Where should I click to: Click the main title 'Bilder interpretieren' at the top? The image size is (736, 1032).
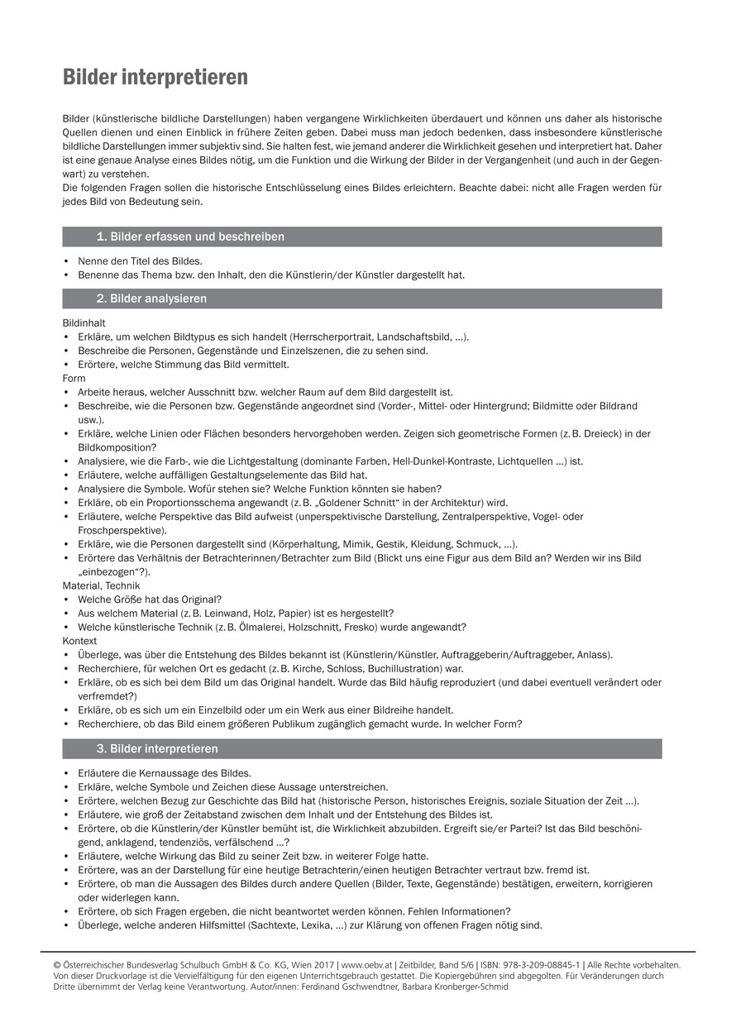point(155,78)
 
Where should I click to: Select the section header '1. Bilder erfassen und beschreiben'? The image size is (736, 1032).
point(190,237)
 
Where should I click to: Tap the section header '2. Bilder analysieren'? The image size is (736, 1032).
point(151,299)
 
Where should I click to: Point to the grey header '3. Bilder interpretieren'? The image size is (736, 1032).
point(157,749)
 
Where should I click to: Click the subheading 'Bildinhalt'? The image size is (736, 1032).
point(84,322)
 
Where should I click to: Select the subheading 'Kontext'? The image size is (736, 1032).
point(79,641)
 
